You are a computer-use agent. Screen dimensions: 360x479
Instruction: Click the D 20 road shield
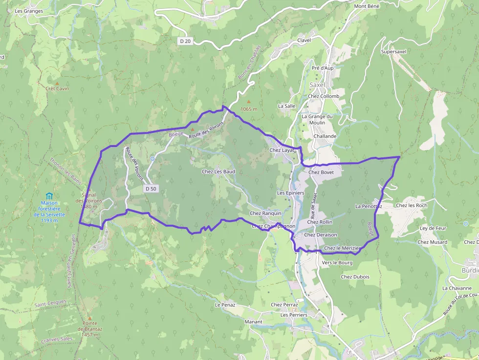[x=185, y=42]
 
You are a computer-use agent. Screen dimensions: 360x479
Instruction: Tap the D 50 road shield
[x=151, y=189]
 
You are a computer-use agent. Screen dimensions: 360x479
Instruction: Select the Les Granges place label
[x=29, y=11]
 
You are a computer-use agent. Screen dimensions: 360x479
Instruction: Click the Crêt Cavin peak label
[x=57, y=89]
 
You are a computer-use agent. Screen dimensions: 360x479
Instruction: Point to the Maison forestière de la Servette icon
[x=49, y=196]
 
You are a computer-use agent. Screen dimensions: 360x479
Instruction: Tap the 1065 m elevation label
[x=249, y=109]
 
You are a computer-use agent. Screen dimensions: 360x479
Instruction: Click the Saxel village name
[x=317, y=85]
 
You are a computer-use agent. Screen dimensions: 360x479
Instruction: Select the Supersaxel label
[x=393, y=51]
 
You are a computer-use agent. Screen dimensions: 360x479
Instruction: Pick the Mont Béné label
[x=367, y=6]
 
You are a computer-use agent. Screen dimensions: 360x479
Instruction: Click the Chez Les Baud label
[x=218, y=171]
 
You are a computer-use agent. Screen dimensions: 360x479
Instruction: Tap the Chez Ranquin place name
[x=265, y=213]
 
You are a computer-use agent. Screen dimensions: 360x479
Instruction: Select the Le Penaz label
[x=225, y=305]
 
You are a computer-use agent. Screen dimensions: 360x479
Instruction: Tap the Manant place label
[x=253, y=322]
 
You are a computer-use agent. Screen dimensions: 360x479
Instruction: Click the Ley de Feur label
[x=433, y=228]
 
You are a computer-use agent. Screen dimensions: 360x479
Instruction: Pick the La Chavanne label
[x=457, y=288]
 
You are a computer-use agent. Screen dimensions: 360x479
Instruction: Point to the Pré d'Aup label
[x=323, y=68]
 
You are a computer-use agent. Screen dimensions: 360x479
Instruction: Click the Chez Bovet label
[x=321, y=172]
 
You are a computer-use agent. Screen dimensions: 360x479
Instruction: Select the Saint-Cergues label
[x=50, y=304]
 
